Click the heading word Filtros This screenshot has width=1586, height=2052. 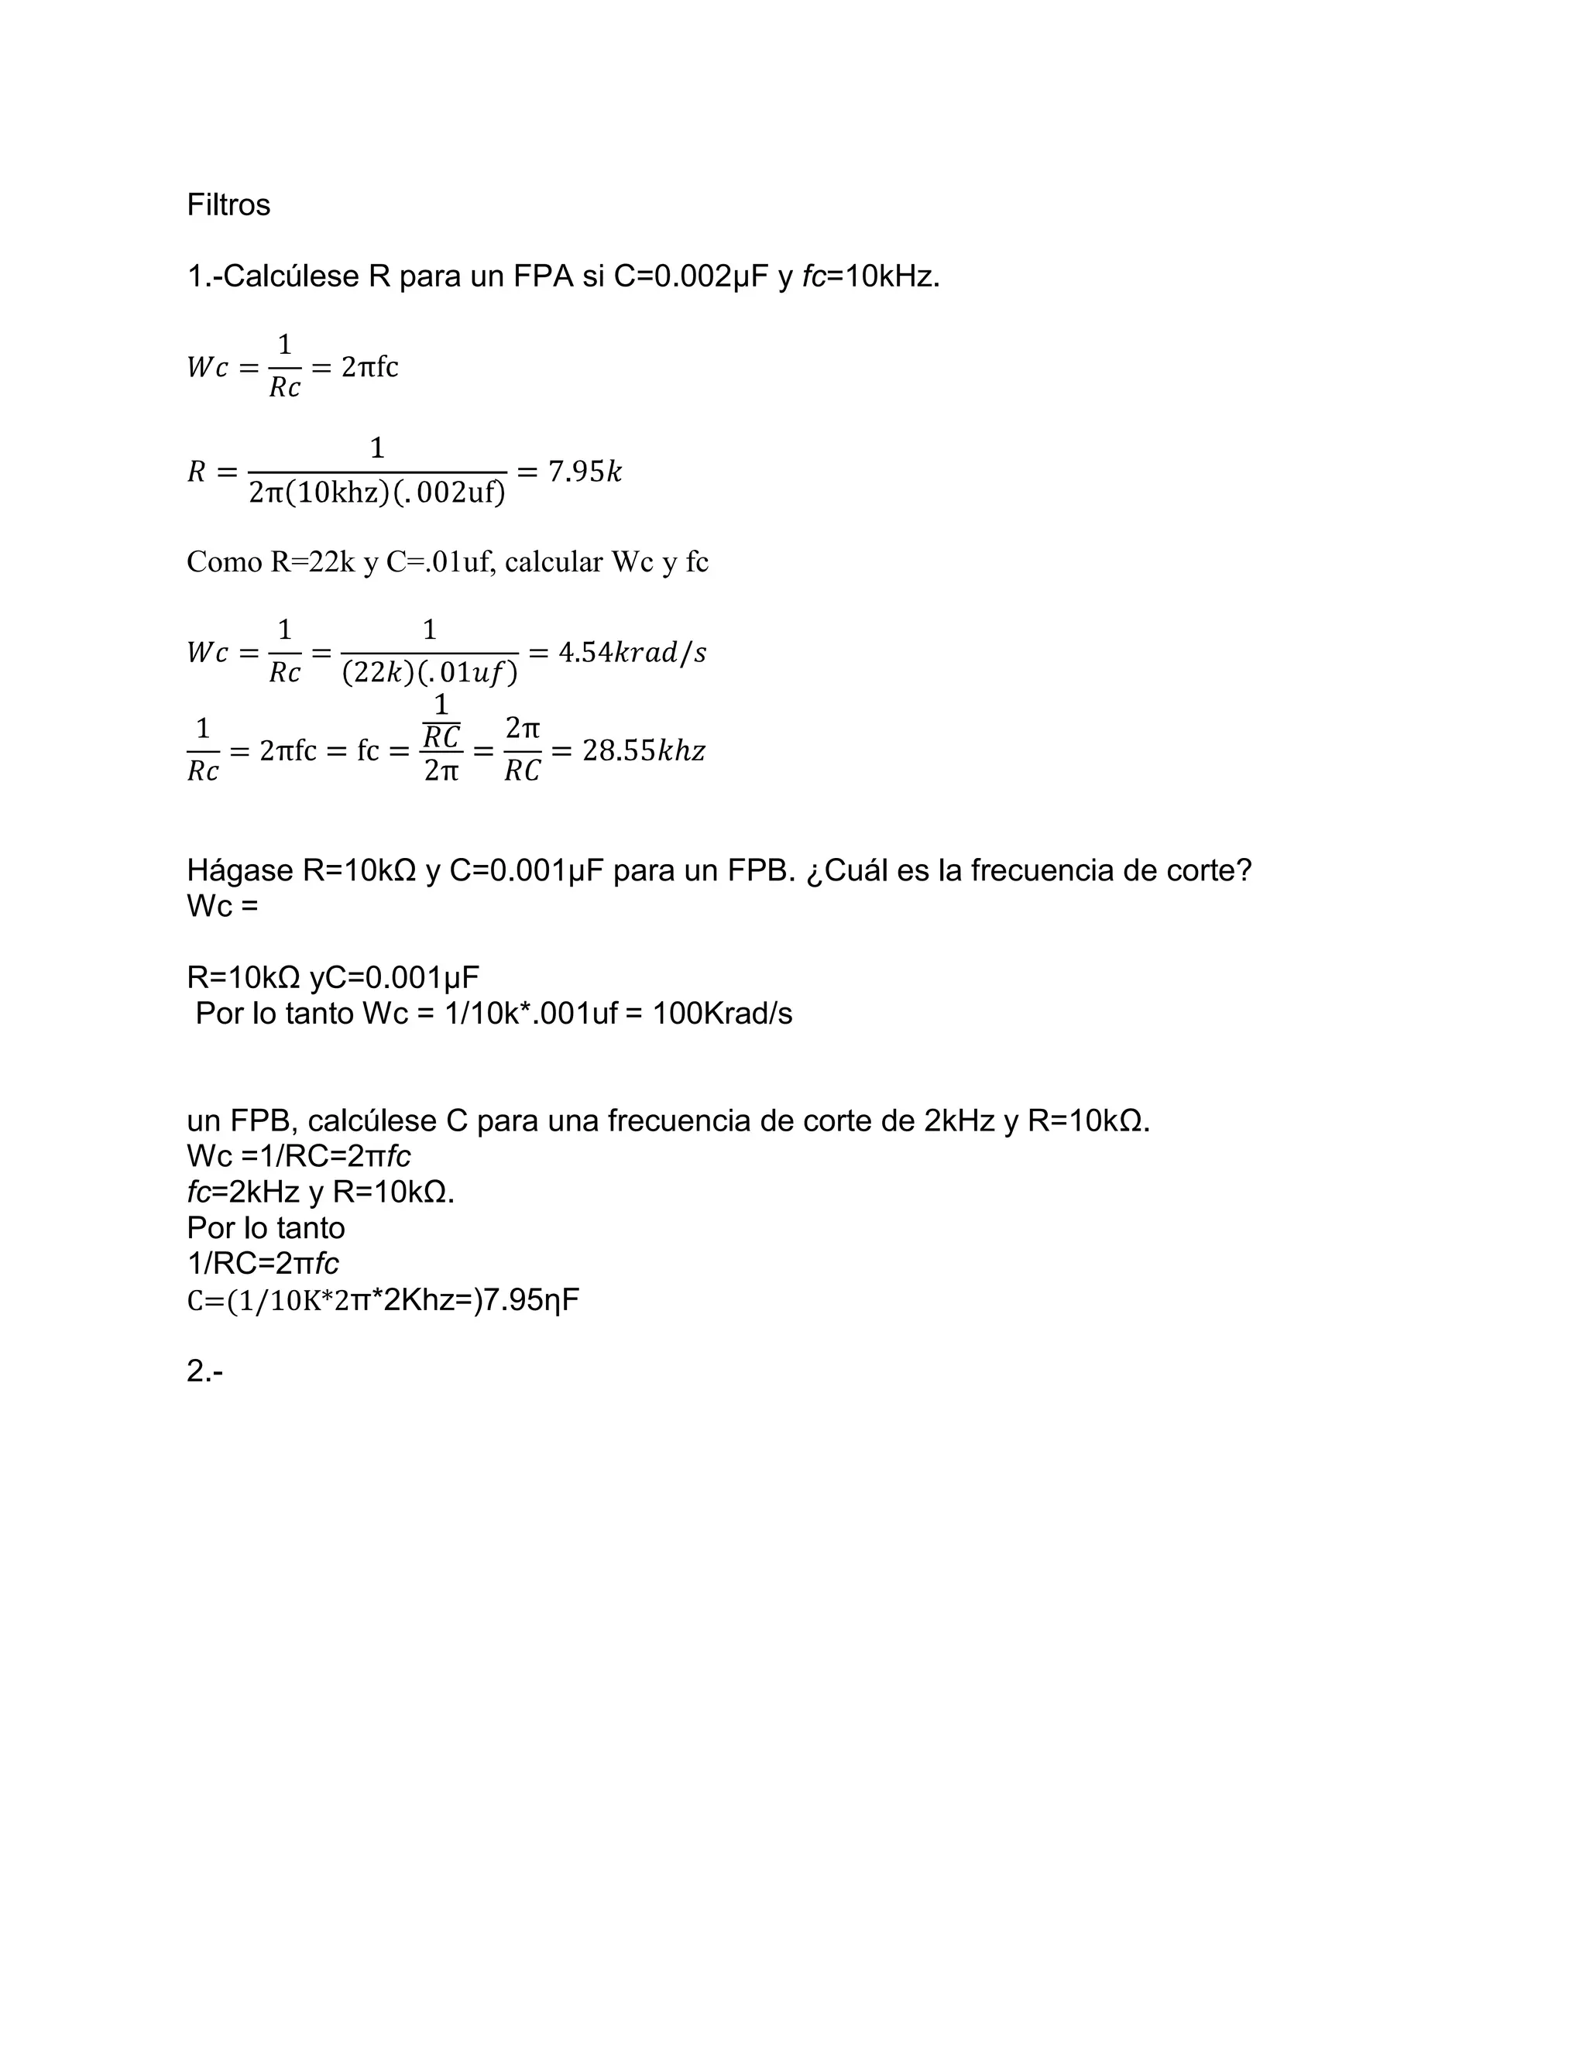[228, 205]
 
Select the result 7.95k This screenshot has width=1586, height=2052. [585, 471]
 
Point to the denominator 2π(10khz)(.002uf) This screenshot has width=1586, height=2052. [377, 492]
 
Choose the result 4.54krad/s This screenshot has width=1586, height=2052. [631, 652]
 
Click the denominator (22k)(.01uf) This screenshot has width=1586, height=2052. [429, 674]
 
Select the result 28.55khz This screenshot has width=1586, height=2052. [644, 750]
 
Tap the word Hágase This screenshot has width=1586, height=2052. [239, 871]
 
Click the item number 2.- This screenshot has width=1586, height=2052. [204, 1372]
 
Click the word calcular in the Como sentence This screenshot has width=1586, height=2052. [554, 562]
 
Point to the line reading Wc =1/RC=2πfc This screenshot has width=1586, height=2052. [299, 1155]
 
